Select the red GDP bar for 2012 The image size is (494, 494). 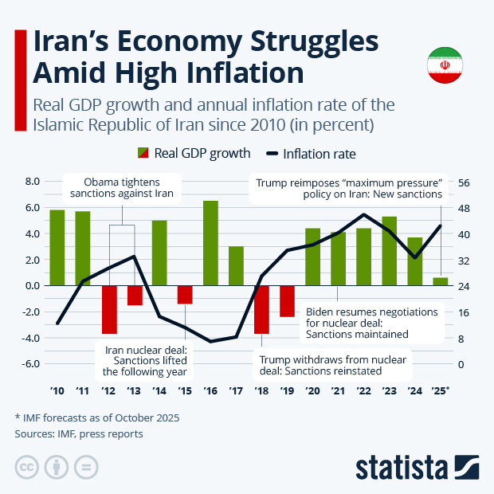109,309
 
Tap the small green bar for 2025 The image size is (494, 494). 440,281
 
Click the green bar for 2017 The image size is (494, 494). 236,265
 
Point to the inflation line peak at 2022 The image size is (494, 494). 364,214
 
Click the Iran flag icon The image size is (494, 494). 445,66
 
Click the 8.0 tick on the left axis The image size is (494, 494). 32,182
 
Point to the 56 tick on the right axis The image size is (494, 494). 464,182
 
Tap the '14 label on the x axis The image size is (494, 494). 159,391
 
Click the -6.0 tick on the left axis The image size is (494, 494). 29,364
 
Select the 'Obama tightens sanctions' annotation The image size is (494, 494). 122,186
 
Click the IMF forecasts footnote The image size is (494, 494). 96,418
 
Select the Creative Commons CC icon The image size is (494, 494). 27,467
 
